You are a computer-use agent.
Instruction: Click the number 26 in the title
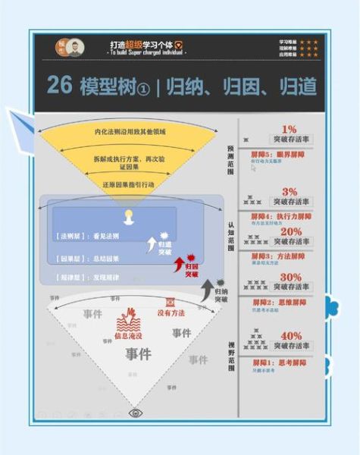tap(59, 85)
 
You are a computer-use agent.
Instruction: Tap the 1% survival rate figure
tap(289, 130)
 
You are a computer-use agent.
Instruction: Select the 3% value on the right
tap(289, 192)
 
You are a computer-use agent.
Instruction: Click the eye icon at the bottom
tap(136, 413)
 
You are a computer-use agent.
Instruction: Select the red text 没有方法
tap(173, 313)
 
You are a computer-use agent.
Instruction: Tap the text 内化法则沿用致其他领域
tap(130, 132)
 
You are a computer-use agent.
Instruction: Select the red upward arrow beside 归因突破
tap(180, 264)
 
